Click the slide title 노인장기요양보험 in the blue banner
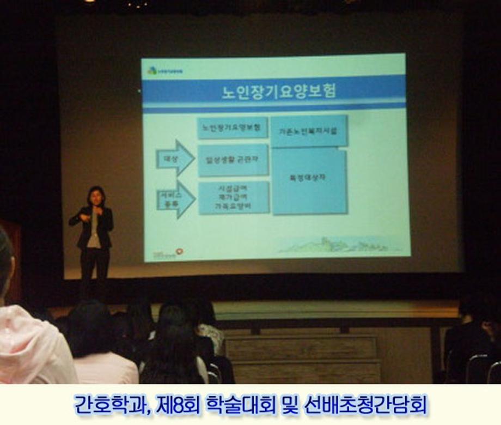tap(278, 90)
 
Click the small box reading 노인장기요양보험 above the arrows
tap(231, 128)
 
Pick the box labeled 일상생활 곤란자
tap(233, 160)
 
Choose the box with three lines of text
tap(234, 198)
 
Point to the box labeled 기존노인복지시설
tap(308, 131)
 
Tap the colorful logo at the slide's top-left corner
tap(152, 70)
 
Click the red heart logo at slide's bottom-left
tap(180, 252)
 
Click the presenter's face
tap(96, 197)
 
